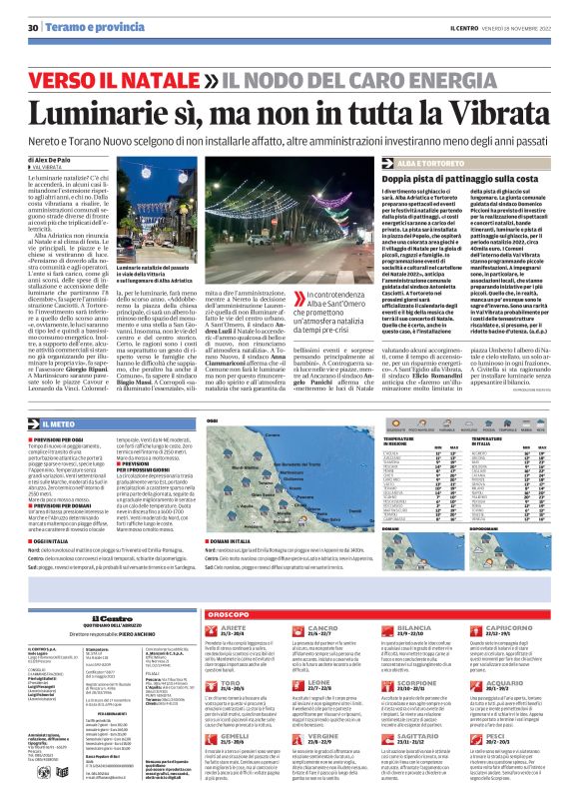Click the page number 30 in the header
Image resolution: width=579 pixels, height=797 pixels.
click(33, 27)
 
